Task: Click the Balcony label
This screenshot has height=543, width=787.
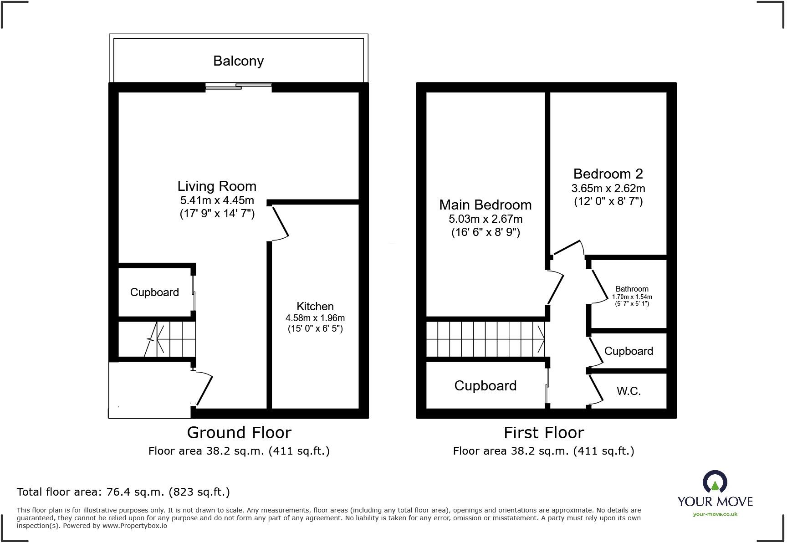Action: [238, 61]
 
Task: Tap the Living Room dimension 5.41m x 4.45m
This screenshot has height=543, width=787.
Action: [217, 200]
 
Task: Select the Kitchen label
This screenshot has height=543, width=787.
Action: [315, 306]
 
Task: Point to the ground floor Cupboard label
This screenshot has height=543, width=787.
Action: [154, 292]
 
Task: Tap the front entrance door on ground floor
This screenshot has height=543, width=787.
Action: [204, 389]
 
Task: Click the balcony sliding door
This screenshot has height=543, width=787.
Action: [238, 86]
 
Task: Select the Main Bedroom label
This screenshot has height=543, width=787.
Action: [485, 205]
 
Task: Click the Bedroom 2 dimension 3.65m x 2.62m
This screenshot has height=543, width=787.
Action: [608, 188]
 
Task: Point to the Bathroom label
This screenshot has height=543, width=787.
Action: [632, 289]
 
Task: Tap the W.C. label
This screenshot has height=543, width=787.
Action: [629, 391]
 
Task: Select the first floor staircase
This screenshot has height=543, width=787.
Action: [485, 339]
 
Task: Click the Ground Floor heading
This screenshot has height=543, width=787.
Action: [239, 432]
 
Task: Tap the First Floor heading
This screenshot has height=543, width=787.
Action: [543, 432]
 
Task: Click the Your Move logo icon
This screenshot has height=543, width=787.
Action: [715, 482]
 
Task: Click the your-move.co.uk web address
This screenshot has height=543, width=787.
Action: [715, 514]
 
